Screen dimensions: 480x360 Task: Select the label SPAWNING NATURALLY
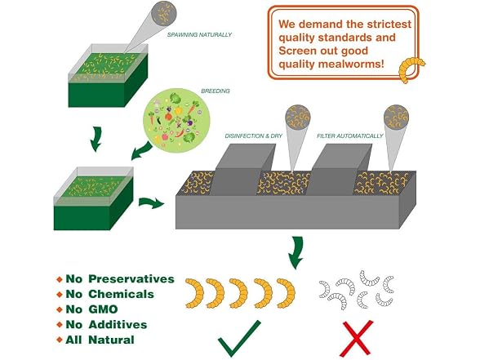click(199, 35)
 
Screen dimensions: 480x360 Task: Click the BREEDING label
click(216, 91)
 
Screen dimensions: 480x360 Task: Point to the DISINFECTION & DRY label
click(253, 136)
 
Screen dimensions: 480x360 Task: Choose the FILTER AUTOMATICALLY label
click(350, 136)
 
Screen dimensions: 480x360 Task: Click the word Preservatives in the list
click(131, 279)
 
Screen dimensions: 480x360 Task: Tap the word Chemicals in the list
click(121, 294)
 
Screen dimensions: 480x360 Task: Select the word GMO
click(103, 309)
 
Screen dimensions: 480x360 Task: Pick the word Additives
click(118, 325)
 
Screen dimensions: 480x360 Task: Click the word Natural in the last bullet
click(111, 340)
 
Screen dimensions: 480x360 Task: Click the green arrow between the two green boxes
click(96, 140)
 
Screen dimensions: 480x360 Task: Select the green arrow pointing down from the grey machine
click(296, 252)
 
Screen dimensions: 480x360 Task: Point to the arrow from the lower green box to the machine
click(152, 202)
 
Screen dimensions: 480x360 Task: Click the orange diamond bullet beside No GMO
click(60, 310)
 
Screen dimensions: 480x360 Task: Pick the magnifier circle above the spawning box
click(165, 13)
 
